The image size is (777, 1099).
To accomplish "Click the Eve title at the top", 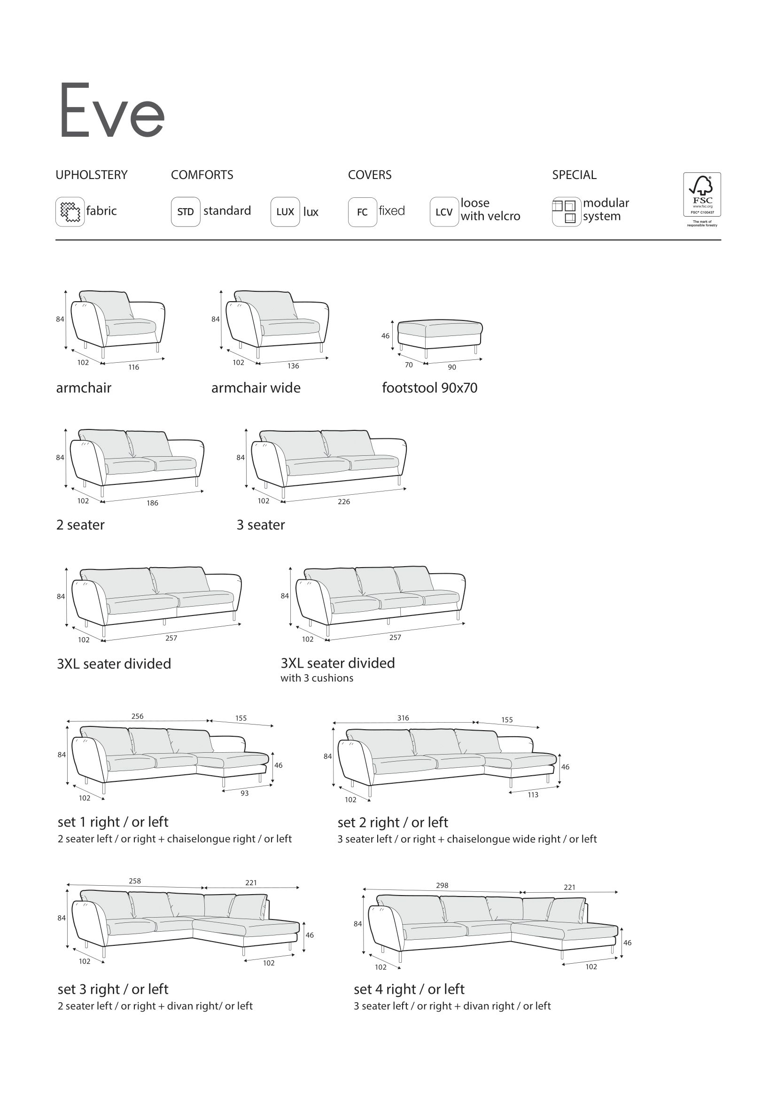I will (112, 111).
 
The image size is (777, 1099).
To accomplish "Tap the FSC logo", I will (702, 195).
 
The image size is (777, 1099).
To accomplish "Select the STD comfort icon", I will (185, 211).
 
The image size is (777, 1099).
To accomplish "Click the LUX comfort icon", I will (285, 211).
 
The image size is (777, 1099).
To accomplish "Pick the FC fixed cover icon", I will (362, 211).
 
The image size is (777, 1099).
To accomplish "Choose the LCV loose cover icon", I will (444, 211).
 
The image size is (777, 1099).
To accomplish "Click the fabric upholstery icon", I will (70, 211).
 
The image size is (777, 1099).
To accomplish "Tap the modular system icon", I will (566, 211).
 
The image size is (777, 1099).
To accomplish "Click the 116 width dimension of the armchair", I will (133, 367).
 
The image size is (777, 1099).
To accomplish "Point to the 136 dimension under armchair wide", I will (293, 366).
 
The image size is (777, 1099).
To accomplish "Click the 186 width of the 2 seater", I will (152, 503).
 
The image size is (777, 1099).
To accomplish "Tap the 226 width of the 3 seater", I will (343, 502).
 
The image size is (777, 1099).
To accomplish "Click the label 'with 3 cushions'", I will (317, 678).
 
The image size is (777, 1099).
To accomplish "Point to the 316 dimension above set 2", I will (403, 718).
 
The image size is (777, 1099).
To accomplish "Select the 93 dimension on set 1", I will (244, 793).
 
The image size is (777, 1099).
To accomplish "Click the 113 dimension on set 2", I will (533, 795).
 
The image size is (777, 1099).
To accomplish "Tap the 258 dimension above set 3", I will (135, 881).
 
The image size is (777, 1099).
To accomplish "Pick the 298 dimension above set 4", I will (442, 886).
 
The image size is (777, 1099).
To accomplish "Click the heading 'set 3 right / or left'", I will (113, 989).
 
